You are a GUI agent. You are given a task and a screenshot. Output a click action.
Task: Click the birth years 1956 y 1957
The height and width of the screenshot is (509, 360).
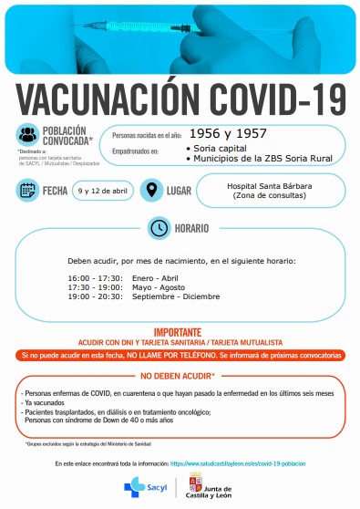coord(221,133)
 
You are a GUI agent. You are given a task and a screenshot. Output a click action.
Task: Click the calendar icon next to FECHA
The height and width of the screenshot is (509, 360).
coord(27,191)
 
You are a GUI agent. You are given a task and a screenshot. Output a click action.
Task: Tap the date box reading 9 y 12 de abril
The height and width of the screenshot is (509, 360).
coord(105,191)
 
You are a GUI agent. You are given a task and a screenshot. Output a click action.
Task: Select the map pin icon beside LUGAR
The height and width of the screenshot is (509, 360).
coord(153,191)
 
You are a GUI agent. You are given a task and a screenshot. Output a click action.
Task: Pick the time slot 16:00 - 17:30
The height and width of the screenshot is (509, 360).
coord(92,277)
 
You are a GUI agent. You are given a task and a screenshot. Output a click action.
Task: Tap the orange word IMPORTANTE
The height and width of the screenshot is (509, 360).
coord(180,333)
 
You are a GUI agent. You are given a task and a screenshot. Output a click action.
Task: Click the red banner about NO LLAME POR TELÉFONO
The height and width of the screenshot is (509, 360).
coord(180,354)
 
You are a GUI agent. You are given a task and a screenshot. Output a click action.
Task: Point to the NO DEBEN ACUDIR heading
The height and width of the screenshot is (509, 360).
coord(179,376)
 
